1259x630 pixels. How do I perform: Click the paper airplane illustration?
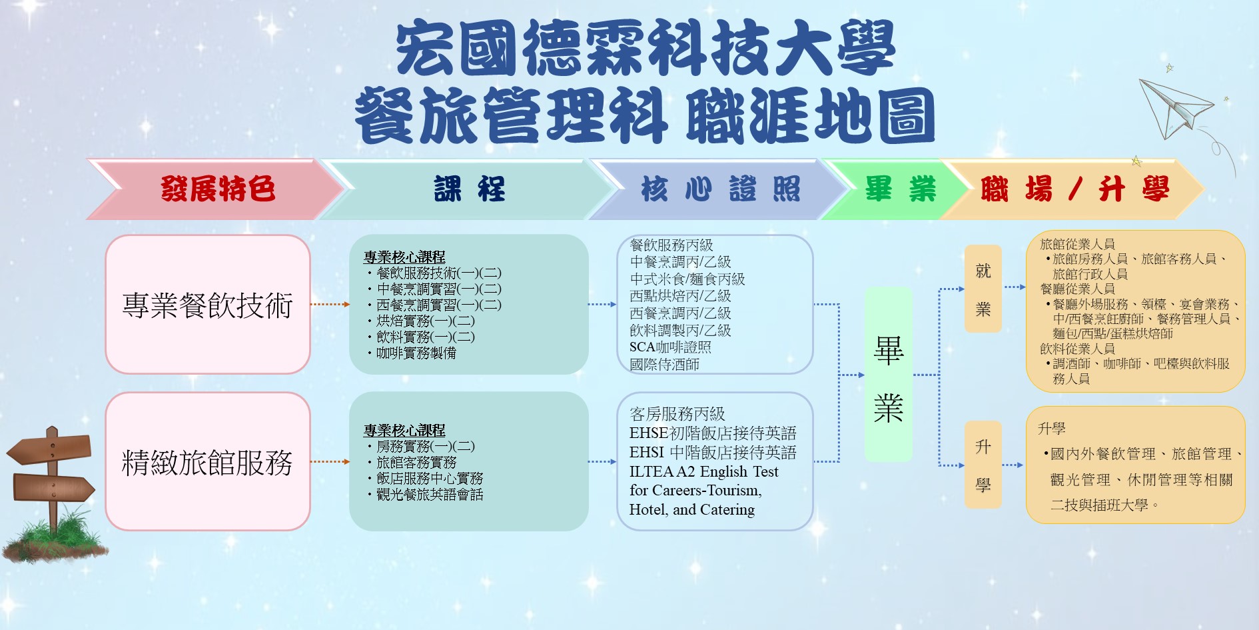coord(1176,107)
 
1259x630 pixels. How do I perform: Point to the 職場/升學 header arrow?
coord(1072,189)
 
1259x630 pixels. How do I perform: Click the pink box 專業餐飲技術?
coord(208,305)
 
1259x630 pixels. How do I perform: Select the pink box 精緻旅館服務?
coord(208,461)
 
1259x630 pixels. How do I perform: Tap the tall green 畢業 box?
coord(889,375)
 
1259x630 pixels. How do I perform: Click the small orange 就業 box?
coord(983,289)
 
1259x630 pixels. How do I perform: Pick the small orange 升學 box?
coord(983,465)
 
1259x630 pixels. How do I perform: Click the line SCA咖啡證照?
coord(670,347)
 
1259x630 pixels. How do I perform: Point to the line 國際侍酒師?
coord(664,365)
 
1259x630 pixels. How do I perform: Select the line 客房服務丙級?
coord(677,414)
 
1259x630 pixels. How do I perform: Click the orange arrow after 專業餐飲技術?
coord(330,305)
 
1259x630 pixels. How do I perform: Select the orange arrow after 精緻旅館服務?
coord(330,461)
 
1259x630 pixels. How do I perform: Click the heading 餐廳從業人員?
coord(1077,289)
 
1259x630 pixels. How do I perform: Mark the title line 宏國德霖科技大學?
coord(645,48)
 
